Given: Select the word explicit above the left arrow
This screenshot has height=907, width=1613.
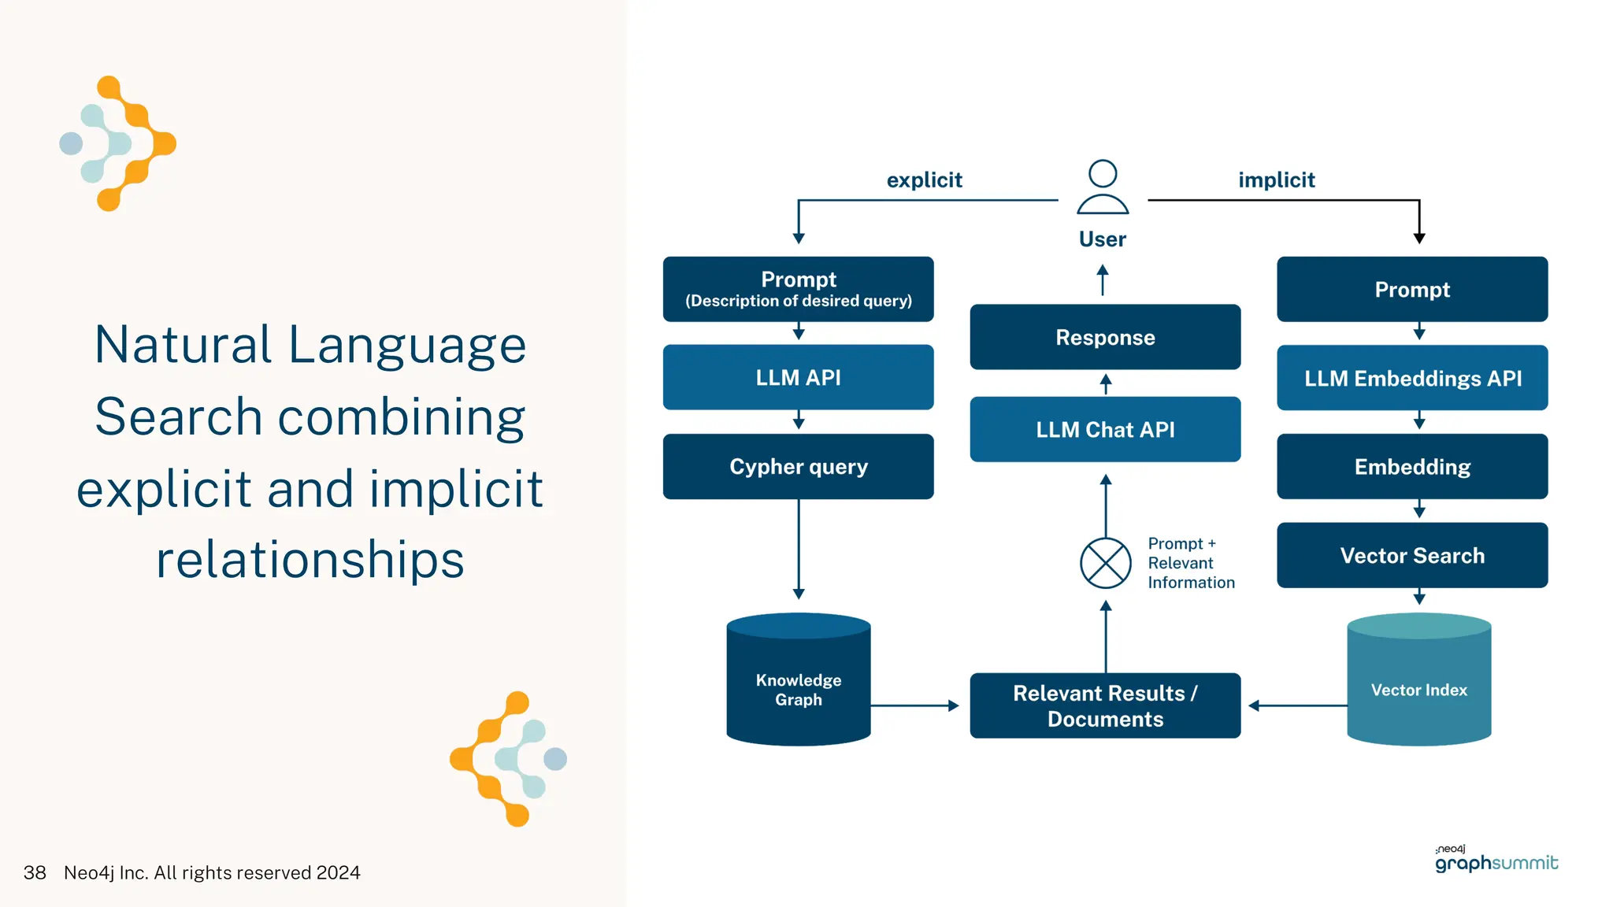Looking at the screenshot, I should click(x=924, y=180).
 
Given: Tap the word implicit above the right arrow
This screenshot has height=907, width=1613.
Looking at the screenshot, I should click(x=1276, y=180).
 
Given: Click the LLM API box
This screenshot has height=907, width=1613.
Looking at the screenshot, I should click(x=798, y=377).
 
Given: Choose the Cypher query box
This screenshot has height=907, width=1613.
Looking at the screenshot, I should click(x=798, y=466).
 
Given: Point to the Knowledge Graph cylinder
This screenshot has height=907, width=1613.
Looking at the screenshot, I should click(x=798, y=682).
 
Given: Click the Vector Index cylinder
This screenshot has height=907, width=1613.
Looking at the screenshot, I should click(x=1418, y=682).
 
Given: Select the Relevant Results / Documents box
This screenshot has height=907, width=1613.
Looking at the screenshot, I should click(x=1105, y=705).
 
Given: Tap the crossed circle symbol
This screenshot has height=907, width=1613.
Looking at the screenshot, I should click(x=1105, y=563).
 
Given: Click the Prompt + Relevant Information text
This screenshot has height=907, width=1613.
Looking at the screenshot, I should click(x=1190, y=563).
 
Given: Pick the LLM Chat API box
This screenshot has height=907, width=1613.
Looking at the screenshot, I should click(x=1105, y=429).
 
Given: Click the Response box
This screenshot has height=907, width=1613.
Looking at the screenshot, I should click(x=1105, y=337).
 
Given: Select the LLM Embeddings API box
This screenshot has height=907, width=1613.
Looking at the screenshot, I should click(x=1412, y=378).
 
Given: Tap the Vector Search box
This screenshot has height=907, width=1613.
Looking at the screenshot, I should click(x=1412, y=555).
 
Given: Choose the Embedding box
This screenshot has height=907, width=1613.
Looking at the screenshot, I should click(x=1412, y=466).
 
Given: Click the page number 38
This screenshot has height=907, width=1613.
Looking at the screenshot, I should click(x=35, y=872).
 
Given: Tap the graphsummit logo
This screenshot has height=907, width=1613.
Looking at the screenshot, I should click(x=1496, y=860).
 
